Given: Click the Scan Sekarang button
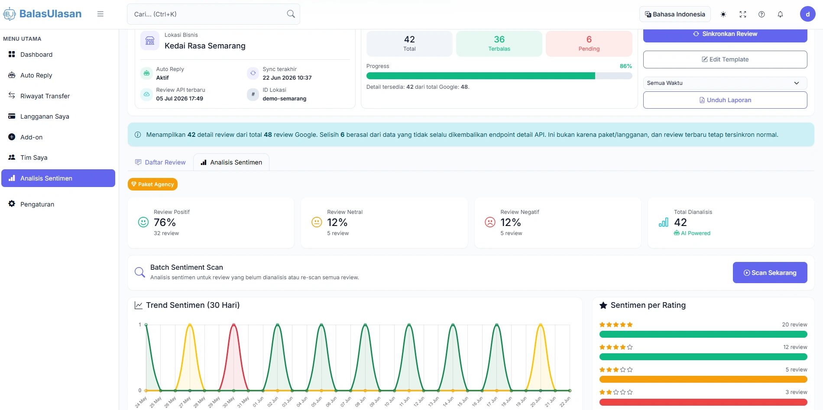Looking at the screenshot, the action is coord(770,273).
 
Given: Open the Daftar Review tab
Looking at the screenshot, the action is coord(160,162).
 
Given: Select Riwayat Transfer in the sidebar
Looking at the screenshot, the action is coord(45,96).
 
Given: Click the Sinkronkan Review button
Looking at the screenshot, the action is coord(725,34).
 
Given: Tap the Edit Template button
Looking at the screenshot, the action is coord(725,59).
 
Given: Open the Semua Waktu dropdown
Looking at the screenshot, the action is coord(725,83).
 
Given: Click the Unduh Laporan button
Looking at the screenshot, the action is coord(725,100).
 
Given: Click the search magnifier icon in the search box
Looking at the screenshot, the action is coord(291,14).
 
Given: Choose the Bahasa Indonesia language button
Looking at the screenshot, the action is coord(675,14).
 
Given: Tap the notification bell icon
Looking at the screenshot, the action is coord(780,14).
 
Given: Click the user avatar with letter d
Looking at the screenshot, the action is coord(807,14).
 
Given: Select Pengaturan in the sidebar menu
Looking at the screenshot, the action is coord(37,204).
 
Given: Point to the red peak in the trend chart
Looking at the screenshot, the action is coord(234,325).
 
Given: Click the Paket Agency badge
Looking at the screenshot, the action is coord(152,184).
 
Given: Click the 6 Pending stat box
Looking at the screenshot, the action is coord(589,44).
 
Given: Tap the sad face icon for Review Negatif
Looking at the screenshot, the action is coord(490,222).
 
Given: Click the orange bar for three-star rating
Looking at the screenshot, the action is coord(703,379).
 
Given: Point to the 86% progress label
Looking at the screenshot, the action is coord(626,66).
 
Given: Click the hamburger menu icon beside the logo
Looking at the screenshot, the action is coord(100,14).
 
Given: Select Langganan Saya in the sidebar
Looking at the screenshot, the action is coord(45,116).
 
